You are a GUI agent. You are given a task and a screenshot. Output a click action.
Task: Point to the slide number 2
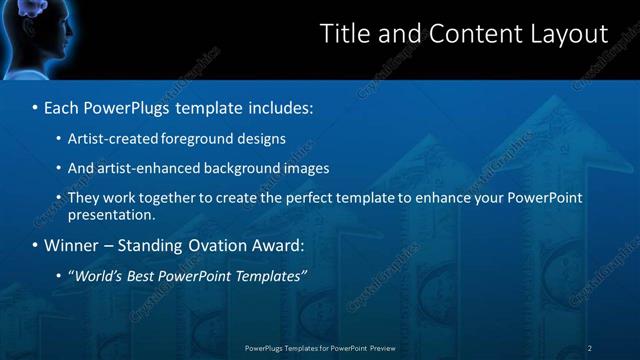589,348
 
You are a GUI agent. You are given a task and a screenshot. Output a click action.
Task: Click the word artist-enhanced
144,168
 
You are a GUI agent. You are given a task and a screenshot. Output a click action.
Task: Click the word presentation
110,214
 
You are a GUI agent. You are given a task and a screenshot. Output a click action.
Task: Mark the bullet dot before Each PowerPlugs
35,107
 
